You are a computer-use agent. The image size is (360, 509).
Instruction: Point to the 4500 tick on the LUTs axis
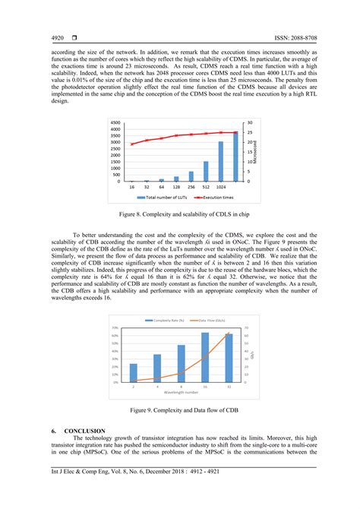coord(115,122)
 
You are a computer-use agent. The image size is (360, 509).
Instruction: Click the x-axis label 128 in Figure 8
coord(176,185)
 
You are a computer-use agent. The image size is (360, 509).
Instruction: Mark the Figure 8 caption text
coord(179,215)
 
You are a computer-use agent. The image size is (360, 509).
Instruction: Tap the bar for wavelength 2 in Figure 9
coord(134,372)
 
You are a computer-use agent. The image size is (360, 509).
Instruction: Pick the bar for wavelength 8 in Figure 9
coord(181,363)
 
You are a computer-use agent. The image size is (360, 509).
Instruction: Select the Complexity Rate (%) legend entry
coord(168,300)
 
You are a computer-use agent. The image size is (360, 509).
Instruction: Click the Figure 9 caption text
coord(179,410)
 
